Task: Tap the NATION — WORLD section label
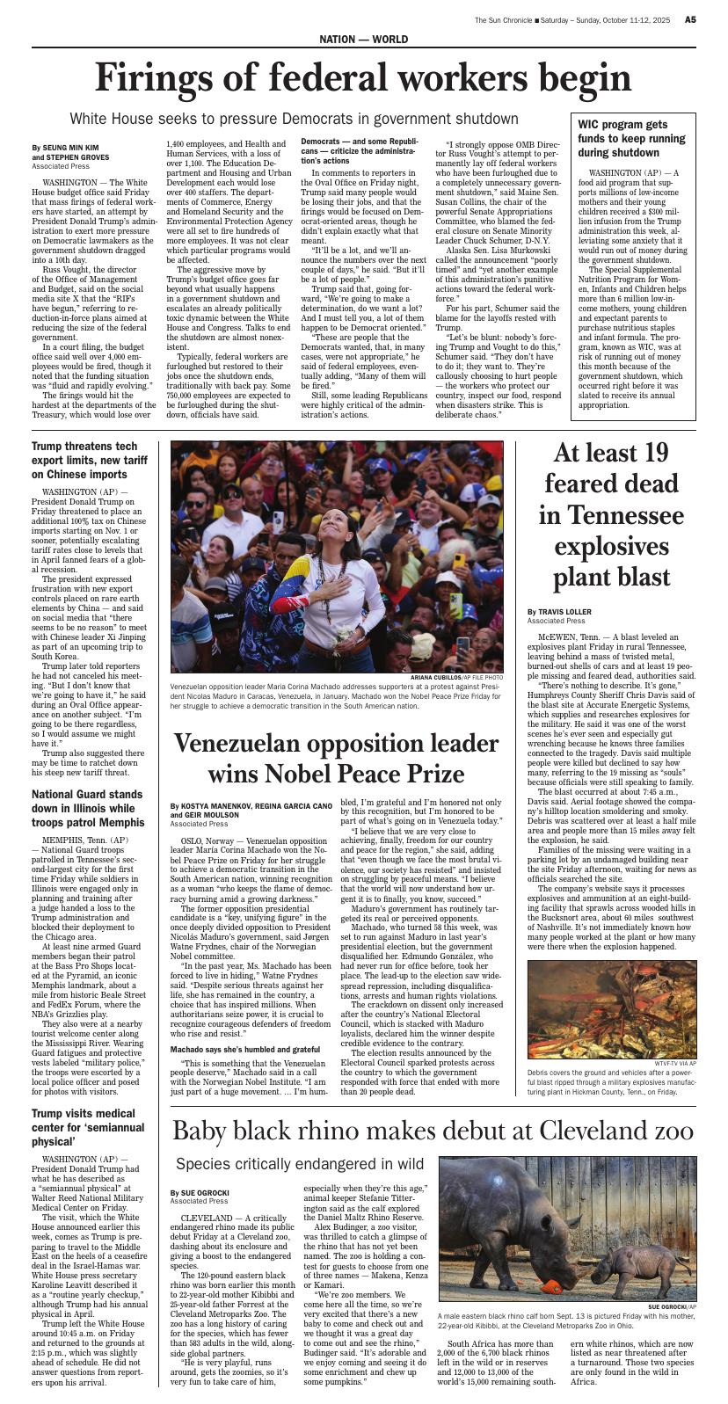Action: pyautogui.click(x=363, y=40)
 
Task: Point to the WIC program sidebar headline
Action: pyautogui.click(x=631, y=139)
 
